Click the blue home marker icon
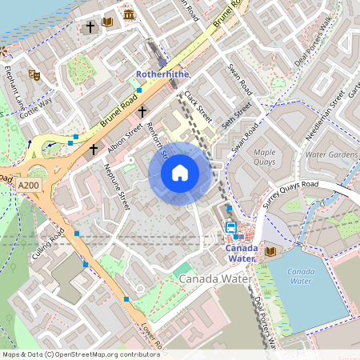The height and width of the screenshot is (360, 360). [x=180, y=173]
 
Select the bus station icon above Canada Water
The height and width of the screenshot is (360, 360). [x=230, y=226]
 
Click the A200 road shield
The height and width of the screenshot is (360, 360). [x=29, y=185]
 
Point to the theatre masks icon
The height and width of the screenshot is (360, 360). [x=34, y=74]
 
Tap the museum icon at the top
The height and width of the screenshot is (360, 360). [x=129, y=15]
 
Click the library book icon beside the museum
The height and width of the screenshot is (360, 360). [x=108, y=22]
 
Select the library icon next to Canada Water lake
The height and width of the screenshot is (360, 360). [x=270, y=252]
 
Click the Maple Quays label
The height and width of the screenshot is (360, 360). [x=264, y=156]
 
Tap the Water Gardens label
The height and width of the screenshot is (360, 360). [x=332, y=153]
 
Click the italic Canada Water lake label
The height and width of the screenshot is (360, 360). [x=301, y=277]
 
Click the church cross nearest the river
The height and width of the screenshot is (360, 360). [x=90, y=27]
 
